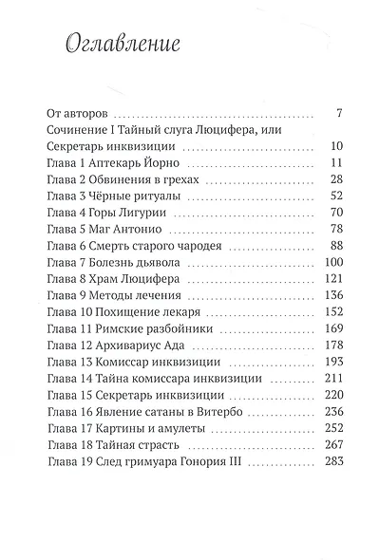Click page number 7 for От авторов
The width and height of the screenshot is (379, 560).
point(338,113)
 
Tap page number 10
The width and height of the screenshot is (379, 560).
point(335,147)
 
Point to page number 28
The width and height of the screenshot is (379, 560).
point(335,181)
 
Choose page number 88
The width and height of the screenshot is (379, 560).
point(335,249)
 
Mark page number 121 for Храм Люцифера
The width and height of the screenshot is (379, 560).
point(332,283)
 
